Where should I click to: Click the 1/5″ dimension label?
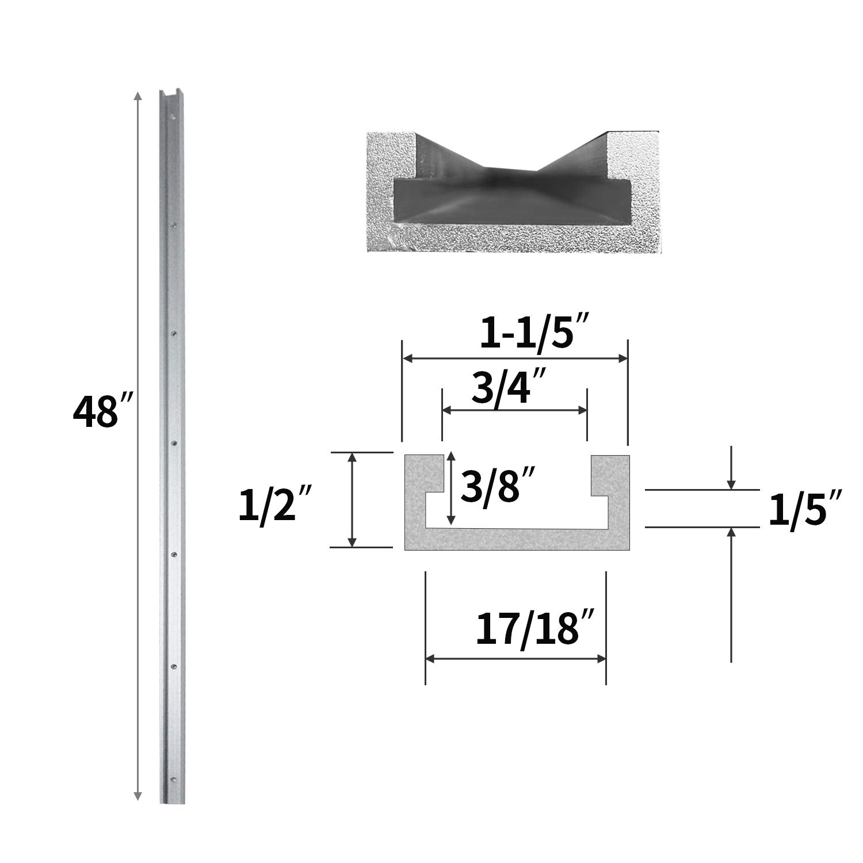pos(805,509)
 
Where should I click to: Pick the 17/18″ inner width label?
pos(528,629)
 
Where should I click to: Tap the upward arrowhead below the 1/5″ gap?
pos(731,532)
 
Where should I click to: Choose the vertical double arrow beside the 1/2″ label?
pos(353,499)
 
